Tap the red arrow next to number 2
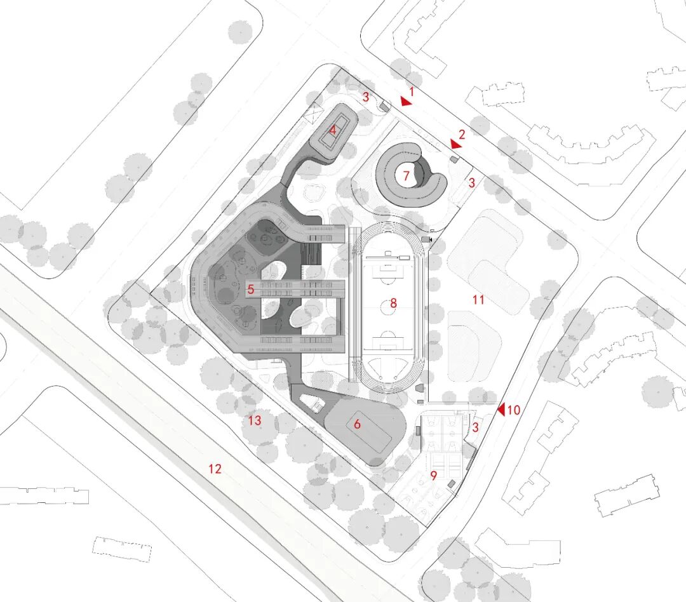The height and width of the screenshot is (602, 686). pos(455,144)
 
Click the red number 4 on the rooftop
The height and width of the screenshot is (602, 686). pos(332,131)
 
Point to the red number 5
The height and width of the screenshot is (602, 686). pos(251,290)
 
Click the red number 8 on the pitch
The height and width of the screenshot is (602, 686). pos(393,304)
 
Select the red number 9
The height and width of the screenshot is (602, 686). pos(434,475)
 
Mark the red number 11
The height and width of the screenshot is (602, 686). pos(478,299)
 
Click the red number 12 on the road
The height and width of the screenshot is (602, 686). pos(215,469)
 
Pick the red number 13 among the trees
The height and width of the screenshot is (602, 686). pos(255,420)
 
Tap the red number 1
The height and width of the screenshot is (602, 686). pos(412,92)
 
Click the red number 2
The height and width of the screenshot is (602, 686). pos(462,134)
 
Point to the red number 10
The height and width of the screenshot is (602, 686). pos(513,410)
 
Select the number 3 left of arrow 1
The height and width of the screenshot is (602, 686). pos(366,97)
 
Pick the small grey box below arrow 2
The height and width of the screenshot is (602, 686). pos(454,159)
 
